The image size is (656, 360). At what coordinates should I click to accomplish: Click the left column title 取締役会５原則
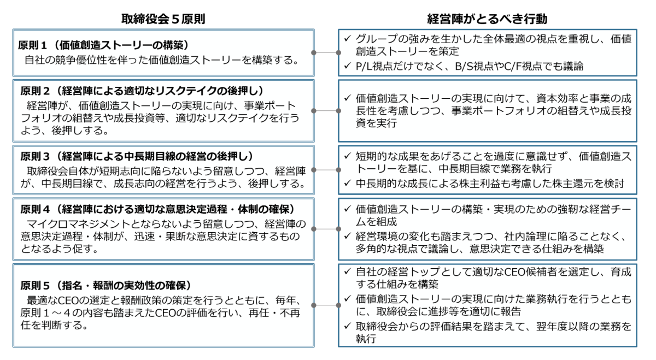click(163, 19)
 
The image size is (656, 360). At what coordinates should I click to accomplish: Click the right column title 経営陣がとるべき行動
click(487, 19)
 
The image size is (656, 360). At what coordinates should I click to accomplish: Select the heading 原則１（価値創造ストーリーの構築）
click(103, 45)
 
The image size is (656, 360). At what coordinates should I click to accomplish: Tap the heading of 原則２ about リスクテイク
click(143, 91)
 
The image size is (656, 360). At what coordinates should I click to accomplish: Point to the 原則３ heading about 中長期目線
click(137, 156)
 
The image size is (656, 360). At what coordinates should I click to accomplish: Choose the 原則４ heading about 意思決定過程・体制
click(158, 209)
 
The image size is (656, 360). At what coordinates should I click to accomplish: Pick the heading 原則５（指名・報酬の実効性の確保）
click(106, 285)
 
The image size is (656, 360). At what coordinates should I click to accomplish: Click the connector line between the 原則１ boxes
click(326, 52)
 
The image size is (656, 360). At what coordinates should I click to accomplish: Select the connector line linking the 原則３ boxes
click(326, 170)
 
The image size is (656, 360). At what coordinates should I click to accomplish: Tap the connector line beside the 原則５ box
click(326, 305)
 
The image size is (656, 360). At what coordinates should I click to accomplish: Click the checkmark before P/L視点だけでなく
click(347, 66)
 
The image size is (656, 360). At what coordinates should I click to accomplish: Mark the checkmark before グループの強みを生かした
click(347, 38)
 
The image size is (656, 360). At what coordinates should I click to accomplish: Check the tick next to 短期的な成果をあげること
click(347, 156)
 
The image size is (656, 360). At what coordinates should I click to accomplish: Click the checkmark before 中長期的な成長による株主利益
click(347, 183)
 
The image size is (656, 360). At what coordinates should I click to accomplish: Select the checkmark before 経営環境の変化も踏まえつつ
click(347, 235)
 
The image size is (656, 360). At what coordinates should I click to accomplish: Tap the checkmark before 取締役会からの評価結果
click(347, 326)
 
